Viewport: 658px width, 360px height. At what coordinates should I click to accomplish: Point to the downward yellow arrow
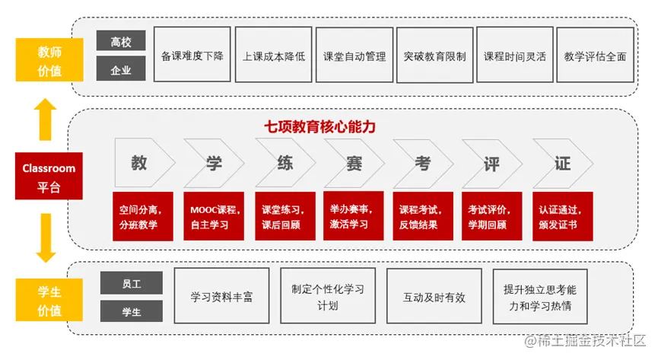coord(47,237)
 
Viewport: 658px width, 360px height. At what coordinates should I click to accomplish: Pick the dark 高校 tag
coord(121,43)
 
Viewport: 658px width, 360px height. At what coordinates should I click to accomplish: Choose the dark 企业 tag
coord(121,71)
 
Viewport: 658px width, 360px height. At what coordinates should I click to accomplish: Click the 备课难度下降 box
coord(192,56)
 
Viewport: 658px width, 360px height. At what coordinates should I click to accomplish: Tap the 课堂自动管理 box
coord(354,56)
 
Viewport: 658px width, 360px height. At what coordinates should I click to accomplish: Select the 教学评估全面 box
coord(595,56)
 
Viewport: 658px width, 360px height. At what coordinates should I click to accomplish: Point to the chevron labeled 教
coord(141,163)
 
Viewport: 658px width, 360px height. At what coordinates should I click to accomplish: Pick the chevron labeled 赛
coord(353,163)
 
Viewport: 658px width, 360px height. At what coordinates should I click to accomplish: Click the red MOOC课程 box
coord(212,217)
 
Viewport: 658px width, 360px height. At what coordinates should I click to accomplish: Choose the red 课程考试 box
coord(422,217)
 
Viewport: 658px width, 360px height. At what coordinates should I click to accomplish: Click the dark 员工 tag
coord(132,283)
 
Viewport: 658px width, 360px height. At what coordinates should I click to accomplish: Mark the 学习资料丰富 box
coord(221,297)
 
